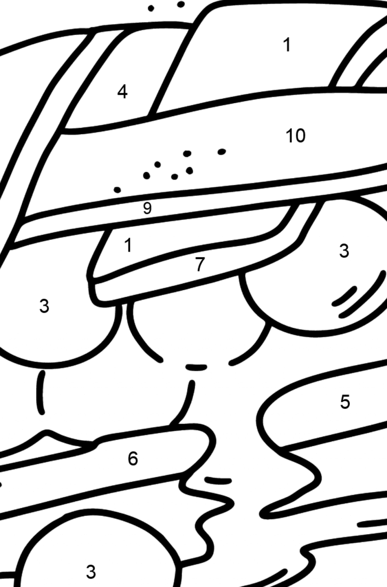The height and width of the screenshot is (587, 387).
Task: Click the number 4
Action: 122,92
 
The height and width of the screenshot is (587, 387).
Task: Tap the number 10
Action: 296,135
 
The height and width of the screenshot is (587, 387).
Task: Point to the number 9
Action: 147,208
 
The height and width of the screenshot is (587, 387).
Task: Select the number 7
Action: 200,265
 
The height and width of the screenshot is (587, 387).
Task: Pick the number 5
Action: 345,402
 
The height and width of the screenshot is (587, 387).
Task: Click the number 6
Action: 133,459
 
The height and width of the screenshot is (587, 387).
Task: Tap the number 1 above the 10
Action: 287,45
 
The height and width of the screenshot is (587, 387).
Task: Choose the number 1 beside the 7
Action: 128,245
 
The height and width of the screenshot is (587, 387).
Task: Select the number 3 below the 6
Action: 91,572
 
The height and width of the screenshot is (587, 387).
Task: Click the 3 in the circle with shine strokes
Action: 344,251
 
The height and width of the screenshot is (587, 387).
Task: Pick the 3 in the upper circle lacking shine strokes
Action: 44,306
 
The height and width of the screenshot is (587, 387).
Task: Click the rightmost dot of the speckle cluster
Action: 221,152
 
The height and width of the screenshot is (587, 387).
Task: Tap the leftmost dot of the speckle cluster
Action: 118,190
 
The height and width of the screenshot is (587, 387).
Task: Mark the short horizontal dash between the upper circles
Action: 196,367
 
